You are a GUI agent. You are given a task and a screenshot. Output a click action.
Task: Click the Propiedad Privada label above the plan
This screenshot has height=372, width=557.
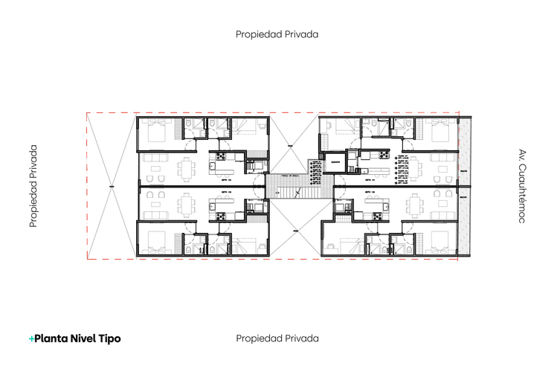click(277, 34)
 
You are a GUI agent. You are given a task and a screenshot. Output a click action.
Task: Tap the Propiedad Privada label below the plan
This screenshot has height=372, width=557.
click(277, 339)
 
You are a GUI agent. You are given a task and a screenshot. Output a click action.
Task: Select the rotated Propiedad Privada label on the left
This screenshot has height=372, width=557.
click(33, 186)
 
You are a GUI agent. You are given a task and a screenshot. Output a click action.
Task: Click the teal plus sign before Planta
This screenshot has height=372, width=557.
click(31, 339)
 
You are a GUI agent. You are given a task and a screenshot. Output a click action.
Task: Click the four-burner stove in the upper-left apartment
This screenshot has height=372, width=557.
click(222, 157)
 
